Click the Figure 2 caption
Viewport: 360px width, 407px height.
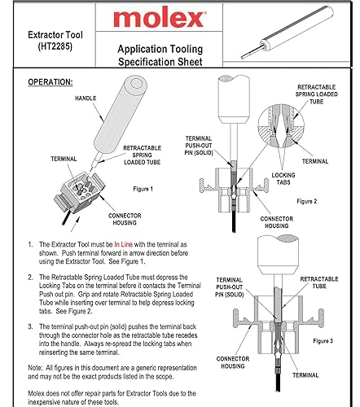click(x=311, y=200)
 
